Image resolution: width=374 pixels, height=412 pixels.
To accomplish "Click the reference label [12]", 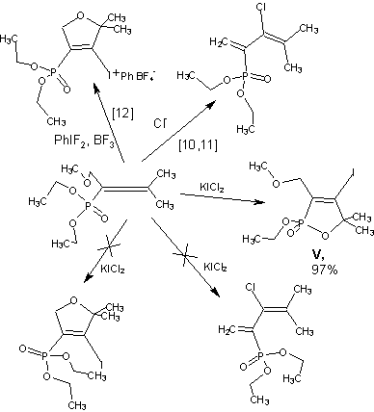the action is tap(122, 114).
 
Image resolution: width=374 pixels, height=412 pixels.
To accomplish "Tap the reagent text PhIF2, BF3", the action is tap(84, 141).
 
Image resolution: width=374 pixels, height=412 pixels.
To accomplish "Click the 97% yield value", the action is tap(325, 270).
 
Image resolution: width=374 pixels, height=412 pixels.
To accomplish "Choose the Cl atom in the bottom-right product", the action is tap(251, 288).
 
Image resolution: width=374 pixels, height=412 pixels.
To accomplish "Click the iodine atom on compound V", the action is tap(353, 173).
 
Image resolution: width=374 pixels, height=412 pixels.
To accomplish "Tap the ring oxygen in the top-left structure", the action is tap(81, 15).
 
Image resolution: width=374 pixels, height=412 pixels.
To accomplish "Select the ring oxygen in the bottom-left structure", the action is tap(73, 300).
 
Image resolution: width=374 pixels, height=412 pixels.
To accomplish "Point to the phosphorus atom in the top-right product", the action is tap(244, 76).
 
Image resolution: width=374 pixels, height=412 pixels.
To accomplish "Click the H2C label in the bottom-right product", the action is tap(227, 329).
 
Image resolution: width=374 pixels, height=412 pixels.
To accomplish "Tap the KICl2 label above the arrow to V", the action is tap(212, 187).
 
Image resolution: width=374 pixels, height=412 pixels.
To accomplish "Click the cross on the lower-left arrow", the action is tap(109, 246).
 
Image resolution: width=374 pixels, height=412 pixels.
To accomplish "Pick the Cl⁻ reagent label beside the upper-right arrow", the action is tap(160, 123).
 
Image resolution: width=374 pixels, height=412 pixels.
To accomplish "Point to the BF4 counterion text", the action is tap(147, 76).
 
